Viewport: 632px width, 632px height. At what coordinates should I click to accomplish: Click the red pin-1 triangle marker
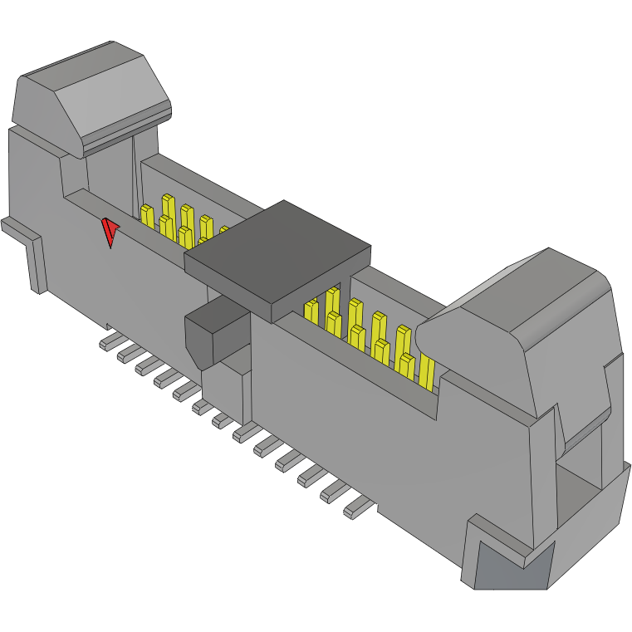110,232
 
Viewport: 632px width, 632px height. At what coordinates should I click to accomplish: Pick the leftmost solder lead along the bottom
109,342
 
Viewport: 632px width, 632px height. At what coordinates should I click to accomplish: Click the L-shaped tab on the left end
28,249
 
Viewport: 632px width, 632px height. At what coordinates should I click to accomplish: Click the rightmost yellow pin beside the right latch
427,374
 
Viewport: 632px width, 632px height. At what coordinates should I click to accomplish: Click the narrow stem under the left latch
110,170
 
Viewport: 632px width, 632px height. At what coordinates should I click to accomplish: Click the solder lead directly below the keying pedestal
243,433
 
